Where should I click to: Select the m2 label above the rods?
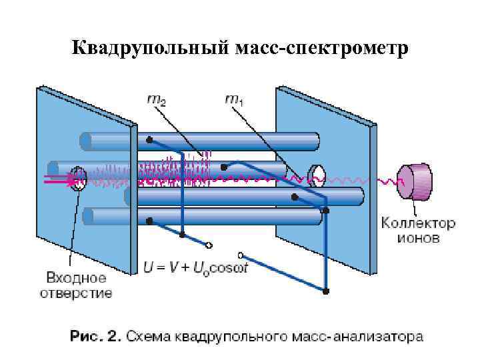coord(158,101)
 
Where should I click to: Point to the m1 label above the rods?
coord(234,101)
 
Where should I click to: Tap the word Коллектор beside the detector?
coord(418,223)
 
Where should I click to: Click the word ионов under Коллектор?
coord(418,238)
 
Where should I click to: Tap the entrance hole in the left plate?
coord(79,178)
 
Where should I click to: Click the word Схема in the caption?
coord(148,335)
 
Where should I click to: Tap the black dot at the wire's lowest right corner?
coord(326,291)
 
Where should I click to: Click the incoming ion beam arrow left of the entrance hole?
coord(57,179)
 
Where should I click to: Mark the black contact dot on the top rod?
coord(149,140)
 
